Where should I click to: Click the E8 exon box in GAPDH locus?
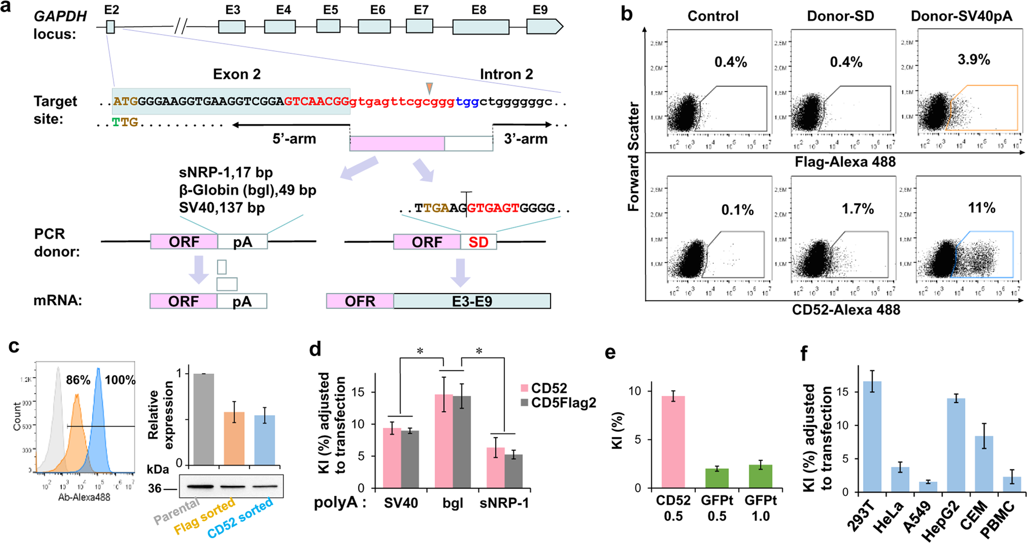click(480, 27)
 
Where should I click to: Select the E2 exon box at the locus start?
click(111, 27)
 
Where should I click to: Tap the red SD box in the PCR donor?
click(478, 242)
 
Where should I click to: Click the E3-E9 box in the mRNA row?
click(472, 301)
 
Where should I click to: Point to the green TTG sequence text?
click(125, 123)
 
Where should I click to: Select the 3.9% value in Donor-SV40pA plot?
click(973, 60)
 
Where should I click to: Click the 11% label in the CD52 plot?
click(981, 208)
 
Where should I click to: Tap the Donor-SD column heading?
click(840, 16)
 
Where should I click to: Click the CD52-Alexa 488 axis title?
click(846, 310)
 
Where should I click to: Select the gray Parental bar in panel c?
click(204, 419)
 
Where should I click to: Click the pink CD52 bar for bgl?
click(443, 440)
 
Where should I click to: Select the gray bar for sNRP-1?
click(513, 471)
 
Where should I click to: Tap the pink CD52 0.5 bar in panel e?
click(673, 442)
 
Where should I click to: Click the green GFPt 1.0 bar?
click(760, 476)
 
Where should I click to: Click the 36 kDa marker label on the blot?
click(155, 489)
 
